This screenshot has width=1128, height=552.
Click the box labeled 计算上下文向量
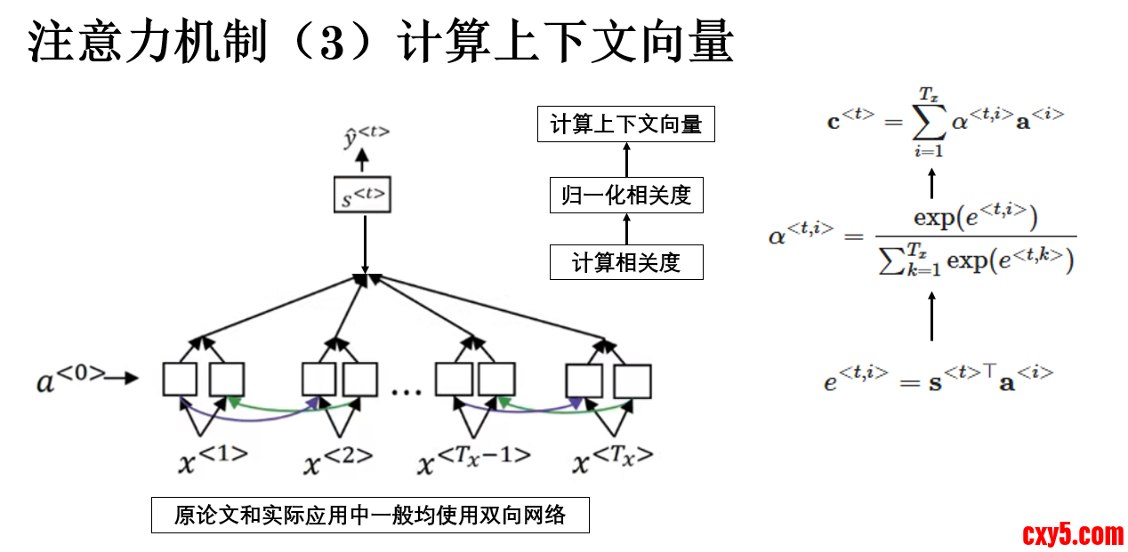pyautogui.click(x=626, y=124)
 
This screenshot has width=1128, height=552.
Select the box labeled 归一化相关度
pyautogui.click(x=626, y=195)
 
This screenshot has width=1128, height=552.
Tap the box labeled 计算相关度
pyautogui.click(x=626, y=262)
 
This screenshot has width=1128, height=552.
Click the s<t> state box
pyautogui.click(x=365, y=196)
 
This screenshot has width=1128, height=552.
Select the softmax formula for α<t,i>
pyautogui.click(x=922, y=237)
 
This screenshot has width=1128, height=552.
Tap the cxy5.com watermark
pyautogui.click(x=1073, y=534)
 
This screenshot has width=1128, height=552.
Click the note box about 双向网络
pyautogui.click(x=370, y=515)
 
